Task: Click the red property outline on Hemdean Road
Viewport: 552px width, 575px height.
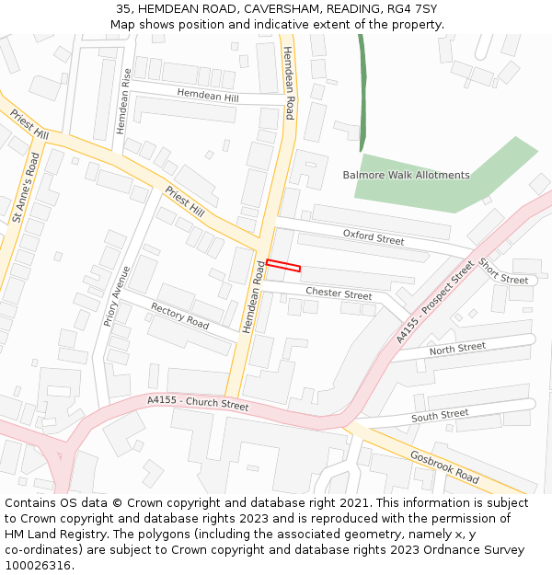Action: [x=283, y=265]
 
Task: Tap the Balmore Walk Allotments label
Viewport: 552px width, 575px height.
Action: [x=406, y=175]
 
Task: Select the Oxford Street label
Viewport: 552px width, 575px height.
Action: [x=374, y=237]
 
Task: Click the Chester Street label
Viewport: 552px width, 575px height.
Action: [x=339, y=293]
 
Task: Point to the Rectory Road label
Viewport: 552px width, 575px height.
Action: [x=179, y=316]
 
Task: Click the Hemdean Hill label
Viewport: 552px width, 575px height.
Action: [x=207, y=95]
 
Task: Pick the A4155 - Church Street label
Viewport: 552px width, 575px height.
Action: [x=198, y=403]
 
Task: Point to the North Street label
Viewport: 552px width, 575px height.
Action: [x=457, y=348]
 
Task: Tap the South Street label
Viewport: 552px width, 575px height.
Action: [x=440, y=415]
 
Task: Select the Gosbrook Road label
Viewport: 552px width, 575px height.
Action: [x=444, y=466]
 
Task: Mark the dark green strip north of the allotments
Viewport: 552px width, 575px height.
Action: [x=362, y=92]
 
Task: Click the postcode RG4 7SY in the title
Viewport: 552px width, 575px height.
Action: [x=413, y=9]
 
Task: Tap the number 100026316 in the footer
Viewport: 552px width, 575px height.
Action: [x=37, y=566]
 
